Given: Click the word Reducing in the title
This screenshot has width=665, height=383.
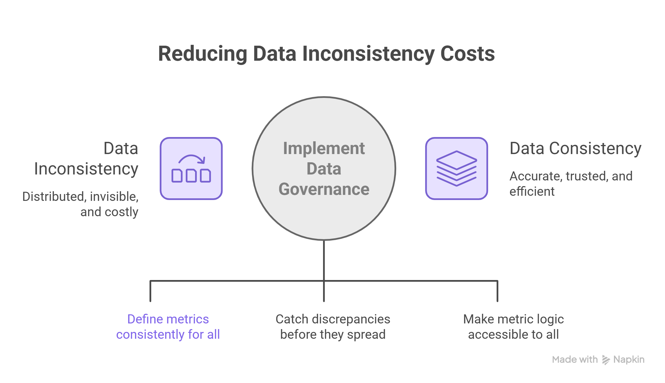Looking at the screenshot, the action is coord(203,54).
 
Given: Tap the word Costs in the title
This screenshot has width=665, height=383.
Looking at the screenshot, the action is coord(467,54).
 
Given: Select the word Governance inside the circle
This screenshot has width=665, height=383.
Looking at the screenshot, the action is coord(324,189).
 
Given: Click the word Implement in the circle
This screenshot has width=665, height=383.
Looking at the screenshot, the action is coord(324,148).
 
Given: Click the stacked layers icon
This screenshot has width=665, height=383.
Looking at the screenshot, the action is coord(457,169).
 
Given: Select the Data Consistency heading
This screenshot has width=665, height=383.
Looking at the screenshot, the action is coord(575,148).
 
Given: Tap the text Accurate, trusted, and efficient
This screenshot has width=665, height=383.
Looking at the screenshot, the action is coord(571,184).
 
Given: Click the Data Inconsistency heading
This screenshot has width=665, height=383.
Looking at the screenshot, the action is coord(86,159).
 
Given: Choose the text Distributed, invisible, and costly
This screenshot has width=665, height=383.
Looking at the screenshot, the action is coord(80,204).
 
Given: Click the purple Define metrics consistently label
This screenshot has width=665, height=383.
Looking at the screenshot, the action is coord(168,327).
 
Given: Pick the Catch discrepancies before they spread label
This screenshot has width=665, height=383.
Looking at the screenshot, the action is coord(333,327).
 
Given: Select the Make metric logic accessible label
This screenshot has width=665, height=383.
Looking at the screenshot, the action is coord(514,327).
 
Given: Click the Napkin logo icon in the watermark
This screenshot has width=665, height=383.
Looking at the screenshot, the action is coord(606,360).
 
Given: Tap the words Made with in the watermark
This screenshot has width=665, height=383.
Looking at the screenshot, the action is coord(575,359).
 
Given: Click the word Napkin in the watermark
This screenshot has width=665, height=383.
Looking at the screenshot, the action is coord(629,360).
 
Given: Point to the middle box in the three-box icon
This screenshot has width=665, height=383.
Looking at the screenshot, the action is coord(191,176).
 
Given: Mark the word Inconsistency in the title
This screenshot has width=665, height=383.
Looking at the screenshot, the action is coord(368,54).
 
